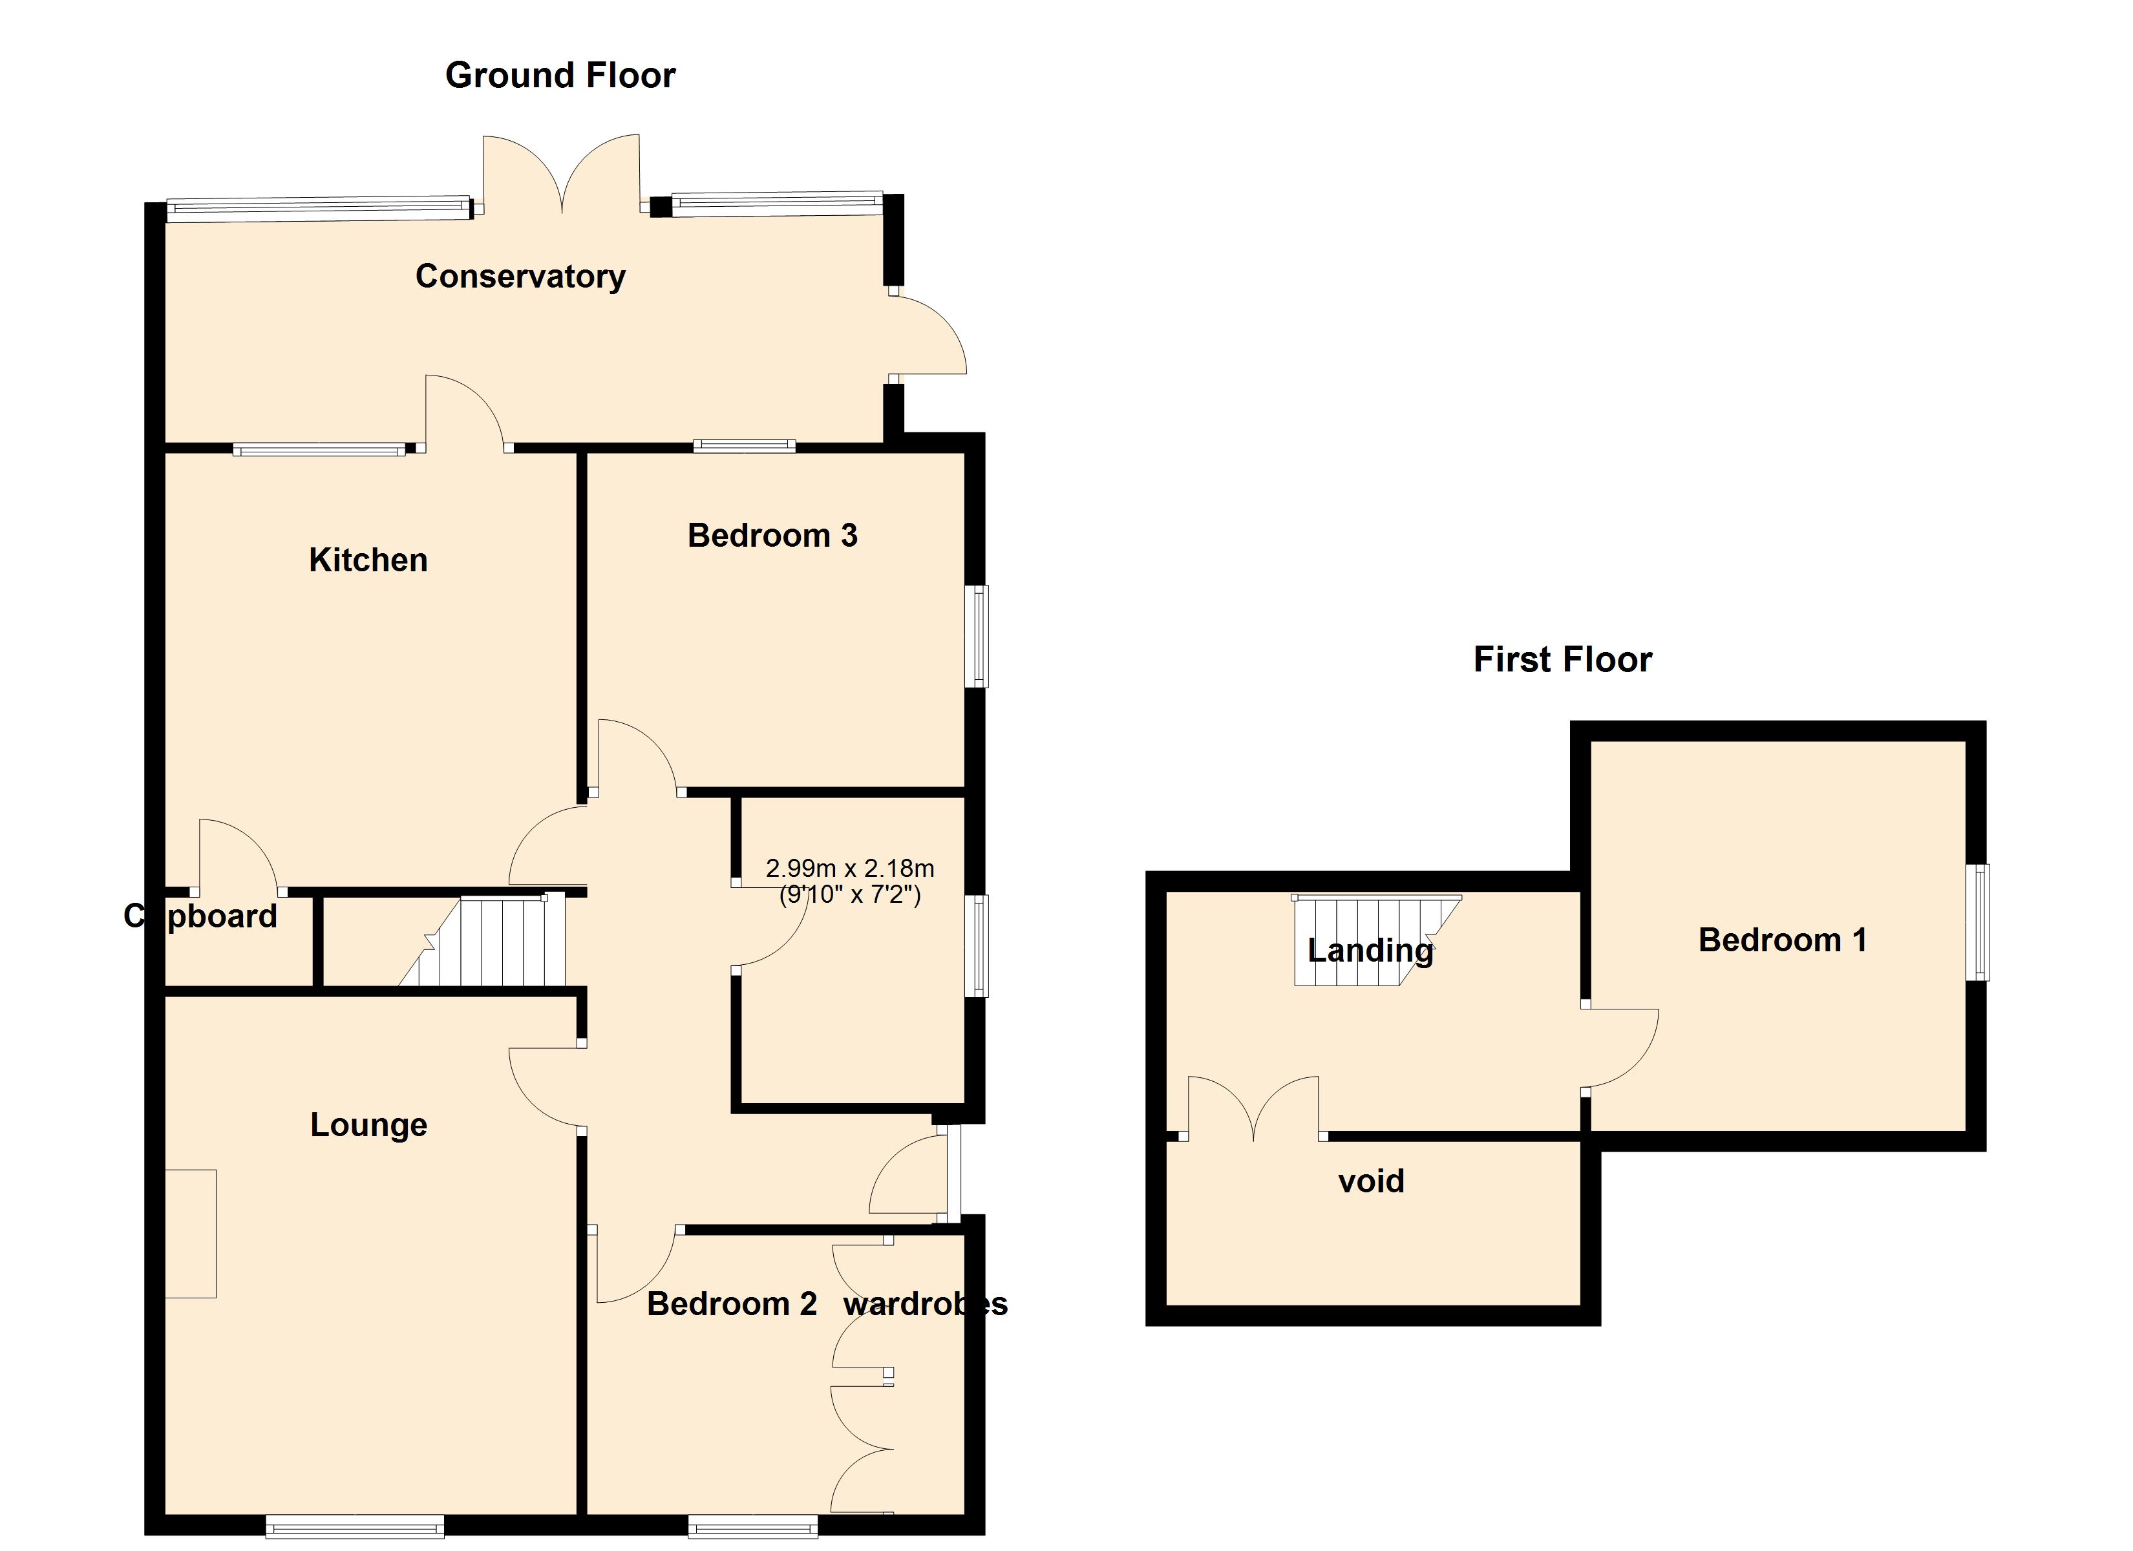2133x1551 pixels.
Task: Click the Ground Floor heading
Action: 560,75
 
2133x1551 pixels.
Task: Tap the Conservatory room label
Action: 520,277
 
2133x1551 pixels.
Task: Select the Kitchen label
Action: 368,560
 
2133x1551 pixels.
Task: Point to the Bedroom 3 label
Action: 772,536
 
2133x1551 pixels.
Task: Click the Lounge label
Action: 368,1125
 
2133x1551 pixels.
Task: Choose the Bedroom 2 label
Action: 732,1303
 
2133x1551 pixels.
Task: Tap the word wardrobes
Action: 924,1303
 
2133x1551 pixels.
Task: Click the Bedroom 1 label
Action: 1782,940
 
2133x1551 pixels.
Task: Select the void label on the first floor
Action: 1370,1181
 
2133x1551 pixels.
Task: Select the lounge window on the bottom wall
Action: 355,1526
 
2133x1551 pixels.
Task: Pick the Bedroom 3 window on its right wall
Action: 978,636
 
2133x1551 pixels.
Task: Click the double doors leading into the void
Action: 1254,1108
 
